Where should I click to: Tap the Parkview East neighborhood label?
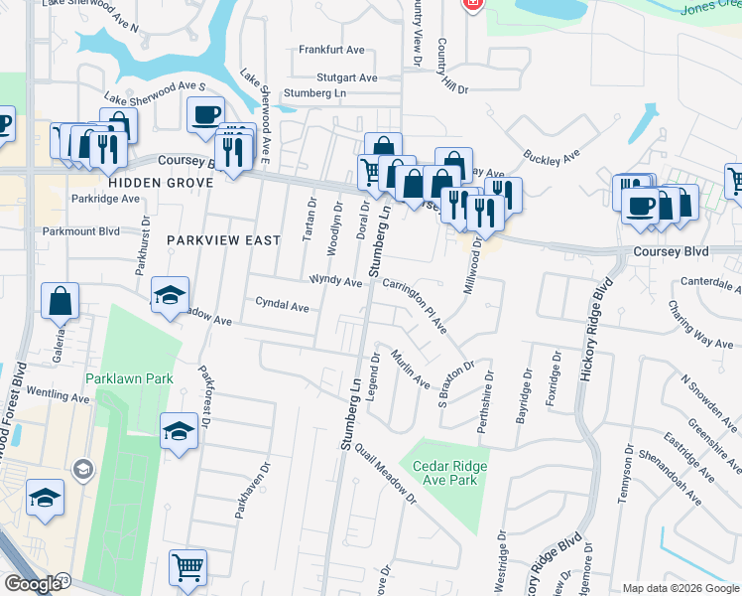point(224,240)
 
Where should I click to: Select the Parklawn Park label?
point(129,378)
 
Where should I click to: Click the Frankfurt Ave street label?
point(327,49)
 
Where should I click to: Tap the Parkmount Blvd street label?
point(81,231)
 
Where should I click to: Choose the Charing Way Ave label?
point(700,324)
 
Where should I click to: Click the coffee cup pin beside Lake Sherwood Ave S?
point(205,114)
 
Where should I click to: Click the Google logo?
point(34,584)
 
